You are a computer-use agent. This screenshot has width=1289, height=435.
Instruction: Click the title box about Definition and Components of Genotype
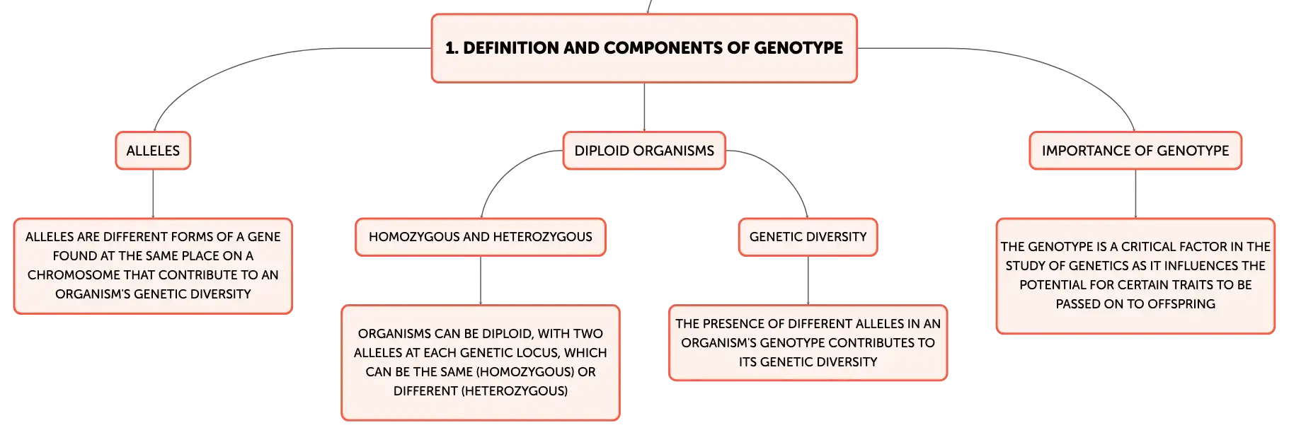click(644, 48)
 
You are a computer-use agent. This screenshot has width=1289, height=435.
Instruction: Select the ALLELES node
click(153, 151)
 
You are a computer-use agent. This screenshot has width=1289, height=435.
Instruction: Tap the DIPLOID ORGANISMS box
click(644, 151)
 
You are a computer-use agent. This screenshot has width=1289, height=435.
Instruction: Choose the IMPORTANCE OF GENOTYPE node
click(1135, 151)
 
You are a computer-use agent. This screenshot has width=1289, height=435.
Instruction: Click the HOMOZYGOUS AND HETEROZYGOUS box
click(481, 237)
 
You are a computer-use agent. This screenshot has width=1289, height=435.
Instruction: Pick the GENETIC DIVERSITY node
click(808, 237)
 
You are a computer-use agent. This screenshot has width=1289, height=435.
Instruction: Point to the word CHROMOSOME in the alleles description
click(72, 275)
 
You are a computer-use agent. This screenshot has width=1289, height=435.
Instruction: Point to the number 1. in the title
click(452, 48)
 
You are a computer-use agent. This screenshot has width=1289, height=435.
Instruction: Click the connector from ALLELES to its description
click(153, 194)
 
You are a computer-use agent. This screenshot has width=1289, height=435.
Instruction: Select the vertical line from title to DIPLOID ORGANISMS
click(644, 108)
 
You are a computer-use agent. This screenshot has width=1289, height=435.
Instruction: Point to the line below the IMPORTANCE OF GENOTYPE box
click(1135, 194)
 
